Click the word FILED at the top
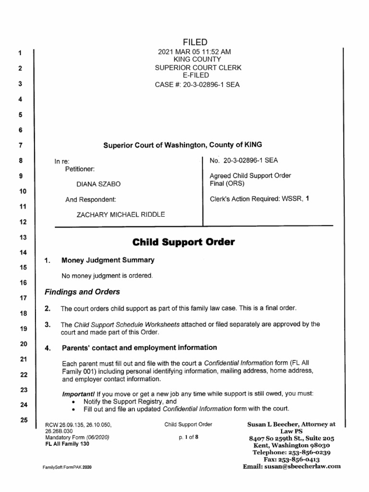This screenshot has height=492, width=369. click(x=198, y=43)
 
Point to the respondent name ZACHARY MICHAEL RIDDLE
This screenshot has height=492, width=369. click(x=121, y=215)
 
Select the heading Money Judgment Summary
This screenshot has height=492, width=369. click(x=108, y=260)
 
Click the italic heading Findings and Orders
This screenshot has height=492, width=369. click(x=82, y=292)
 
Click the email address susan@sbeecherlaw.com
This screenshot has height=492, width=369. click(x=306, y=466)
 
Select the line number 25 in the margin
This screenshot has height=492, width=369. click(x=21, y=420)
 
